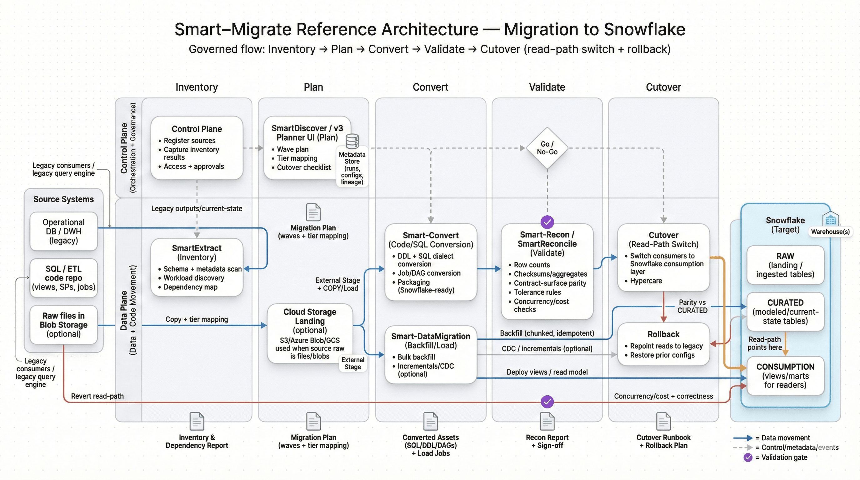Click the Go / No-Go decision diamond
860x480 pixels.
point(547,148)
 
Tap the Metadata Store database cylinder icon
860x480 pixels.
point(352,141)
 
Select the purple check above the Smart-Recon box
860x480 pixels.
point(547,222)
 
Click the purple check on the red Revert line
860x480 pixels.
point(547,402)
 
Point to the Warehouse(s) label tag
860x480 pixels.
point(830,232)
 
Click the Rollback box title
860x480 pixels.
point(663,334)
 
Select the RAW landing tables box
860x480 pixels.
point(785,265)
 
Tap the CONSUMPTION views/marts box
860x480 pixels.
point(785,376)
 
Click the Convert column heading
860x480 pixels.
point(430,87)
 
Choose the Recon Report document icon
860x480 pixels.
point(547,421)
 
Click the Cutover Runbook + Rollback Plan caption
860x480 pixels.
point(663,441)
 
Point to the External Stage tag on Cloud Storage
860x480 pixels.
point(352,363)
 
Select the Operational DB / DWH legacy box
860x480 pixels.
point(63,231)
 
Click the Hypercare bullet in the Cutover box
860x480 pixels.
point(645,281)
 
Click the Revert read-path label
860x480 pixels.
point(97,396)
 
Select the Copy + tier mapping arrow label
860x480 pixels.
point(197,319)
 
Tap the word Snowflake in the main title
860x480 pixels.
point(644,29)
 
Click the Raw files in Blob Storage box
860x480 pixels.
point(63,324)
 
